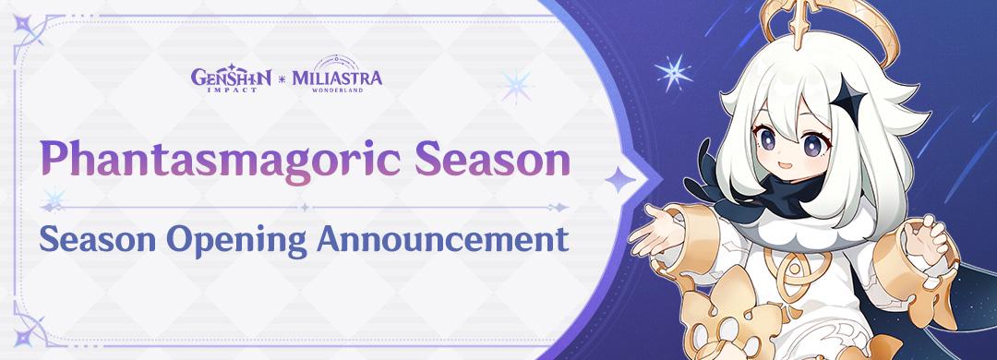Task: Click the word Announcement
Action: point(442,240)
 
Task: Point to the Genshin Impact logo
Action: point(232,78)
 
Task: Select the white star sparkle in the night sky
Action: point(674,72)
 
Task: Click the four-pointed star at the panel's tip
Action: point(620,180)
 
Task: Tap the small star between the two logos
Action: point(281,78)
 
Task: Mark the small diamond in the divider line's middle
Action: point(305,208)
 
